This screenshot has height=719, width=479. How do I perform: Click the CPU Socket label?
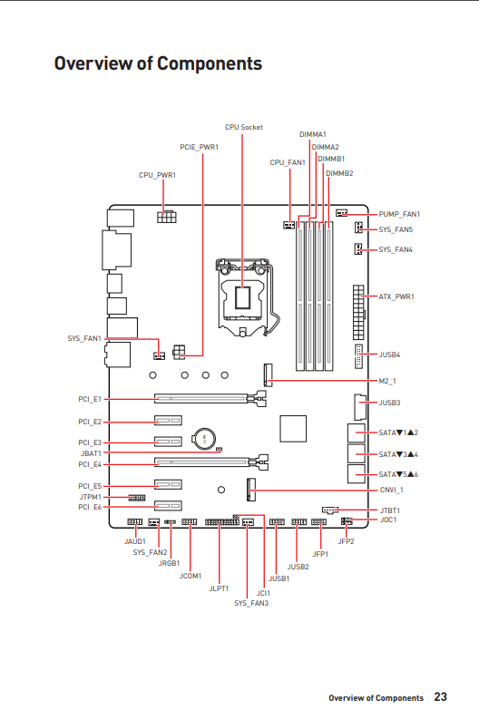click(x=244, y=127)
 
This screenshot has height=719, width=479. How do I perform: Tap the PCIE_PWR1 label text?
click(x=199, y=147)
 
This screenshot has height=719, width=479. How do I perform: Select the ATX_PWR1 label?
click(x=396, y=296)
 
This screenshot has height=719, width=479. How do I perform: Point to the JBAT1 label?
click(x=91, y=453)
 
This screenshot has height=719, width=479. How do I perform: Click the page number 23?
click(x=441, y=696)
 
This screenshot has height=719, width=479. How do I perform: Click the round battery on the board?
click(x=204, y=439)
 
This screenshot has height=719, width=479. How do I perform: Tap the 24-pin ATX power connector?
click(x=358, y=312)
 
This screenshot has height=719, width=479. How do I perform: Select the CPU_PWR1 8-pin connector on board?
click(x=167, y=217)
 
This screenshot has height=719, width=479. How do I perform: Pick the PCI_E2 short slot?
click(x=168, y=420)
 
